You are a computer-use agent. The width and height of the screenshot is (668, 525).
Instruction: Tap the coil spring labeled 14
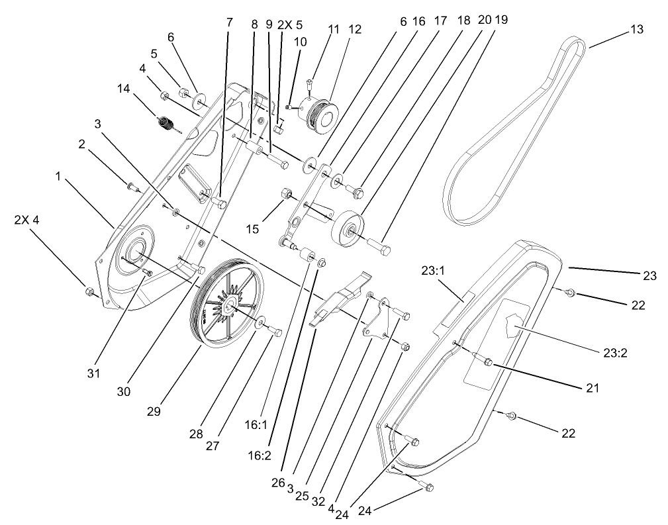165,123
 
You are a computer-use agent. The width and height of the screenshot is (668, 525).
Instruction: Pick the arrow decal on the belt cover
515,327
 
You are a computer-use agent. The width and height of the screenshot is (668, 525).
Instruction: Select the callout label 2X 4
26,219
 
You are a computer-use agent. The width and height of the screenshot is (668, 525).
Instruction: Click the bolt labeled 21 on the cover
487,362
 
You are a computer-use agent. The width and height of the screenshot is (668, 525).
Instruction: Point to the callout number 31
93,373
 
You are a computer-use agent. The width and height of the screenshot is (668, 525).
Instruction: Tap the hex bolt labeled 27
277,332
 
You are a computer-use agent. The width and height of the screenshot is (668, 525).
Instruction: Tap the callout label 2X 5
289,24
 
